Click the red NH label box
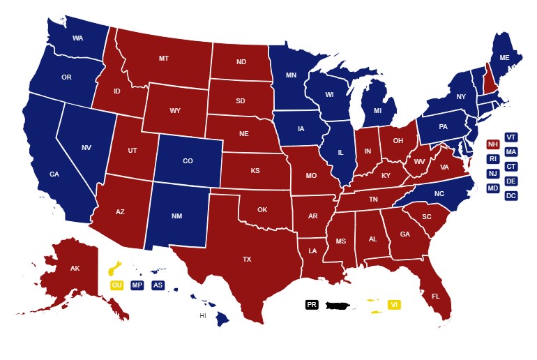click(492, 144)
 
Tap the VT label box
click(511, 137)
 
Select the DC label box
click(511, 195)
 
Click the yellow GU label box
click(116, 285)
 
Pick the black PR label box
click(312, 304)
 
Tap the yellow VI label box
click(394, 304)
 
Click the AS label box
click(158, 285)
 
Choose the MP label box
click(137, 285)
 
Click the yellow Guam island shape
click(114, 269)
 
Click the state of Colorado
click(188, 161)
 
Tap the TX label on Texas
click(246, 259)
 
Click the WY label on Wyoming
click(175, 111)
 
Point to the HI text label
click(203, 316)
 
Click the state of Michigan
click(377, 110)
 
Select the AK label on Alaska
click(75, 268)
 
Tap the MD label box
click(492, 188)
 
